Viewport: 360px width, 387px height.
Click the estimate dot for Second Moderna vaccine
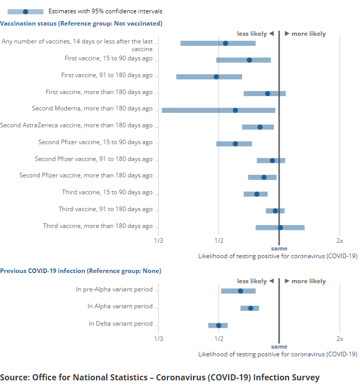(x=235, y=110)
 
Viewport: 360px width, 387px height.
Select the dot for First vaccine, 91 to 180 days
(x=216, y=77)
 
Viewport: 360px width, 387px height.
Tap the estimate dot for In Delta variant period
(x=219, y=325)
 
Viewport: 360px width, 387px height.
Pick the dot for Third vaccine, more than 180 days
(x=280, y=227)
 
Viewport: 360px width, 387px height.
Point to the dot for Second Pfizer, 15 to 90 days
(x=235, y=144)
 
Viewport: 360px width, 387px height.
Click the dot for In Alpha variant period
(x=250, y=308)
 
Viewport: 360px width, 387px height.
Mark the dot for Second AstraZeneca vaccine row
(x=260, y=127)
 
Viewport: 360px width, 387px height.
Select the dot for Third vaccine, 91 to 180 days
(x=275, y=211)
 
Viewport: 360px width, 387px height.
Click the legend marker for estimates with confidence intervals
(x=25, y=11)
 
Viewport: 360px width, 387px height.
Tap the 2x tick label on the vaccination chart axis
(x=340, y=240)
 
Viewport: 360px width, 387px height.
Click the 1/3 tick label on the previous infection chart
(x=158, y=338)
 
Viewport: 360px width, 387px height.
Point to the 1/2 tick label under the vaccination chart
(x=219, y=240)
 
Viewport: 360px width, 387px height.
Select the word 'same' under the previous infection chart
(x=279, y=347)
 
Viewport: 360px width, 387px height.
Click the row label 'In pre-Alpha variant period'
(x=114, y=289)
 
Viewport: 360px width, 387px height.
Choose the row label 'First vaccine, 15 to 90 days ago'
(x=109, y=58)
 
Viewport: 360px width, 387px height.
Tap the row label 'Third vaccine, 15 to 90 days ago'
(x=106, y=192)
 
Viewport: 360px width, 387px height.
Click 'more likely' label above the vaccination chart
(x=308, y=34)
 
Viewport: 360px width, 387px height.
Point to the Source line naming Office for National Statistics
(x=160, y=378)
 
